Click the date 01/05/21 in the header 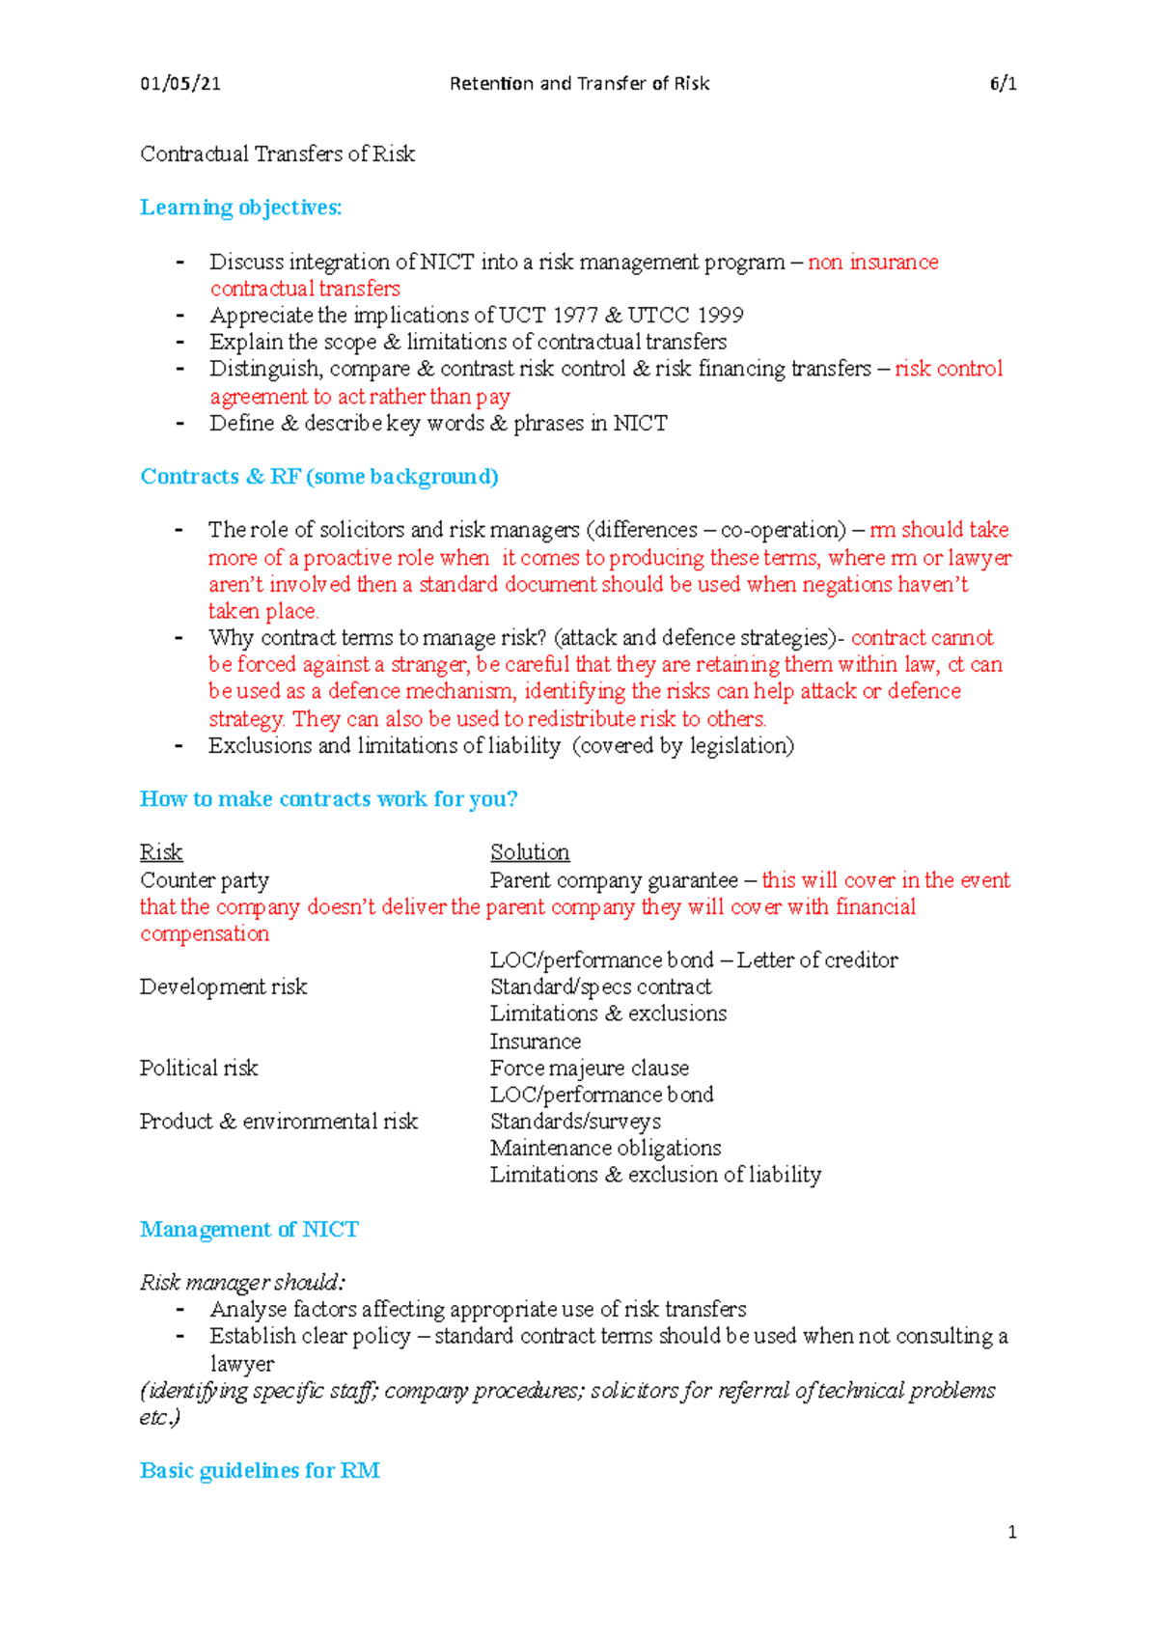click(x=180, y=84)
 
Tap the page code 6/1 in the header click(x=1003, y=84)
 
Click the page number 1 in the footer click(x=1011, y=1532)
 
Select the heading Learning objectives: click(x=240, y=208)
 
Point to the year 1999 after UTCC click(x=720, y=316)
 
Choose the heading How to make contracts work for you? click(x=328, y=799)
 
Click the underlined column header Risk click(x=161, y=852)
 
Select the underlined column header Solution click(x=530, y=852)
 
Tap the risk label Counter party click(x=205, y=880)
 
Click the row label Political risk click(x=199, y=1069)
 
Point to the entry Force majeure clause click(x=589, y=1069)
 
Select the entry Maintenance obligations click(x=605, y=1149)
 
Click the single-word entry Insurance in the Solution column click(x=535, y=1042)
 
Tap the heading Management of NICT click(x=249, y=1230)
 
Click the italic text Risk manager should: click(x=242, y=1283)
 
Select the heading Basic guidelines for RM click(x=260, y=1471)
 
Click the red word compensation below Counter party click(x=205, y=934)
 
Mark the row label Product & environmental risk click(x=278, y=1122)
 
